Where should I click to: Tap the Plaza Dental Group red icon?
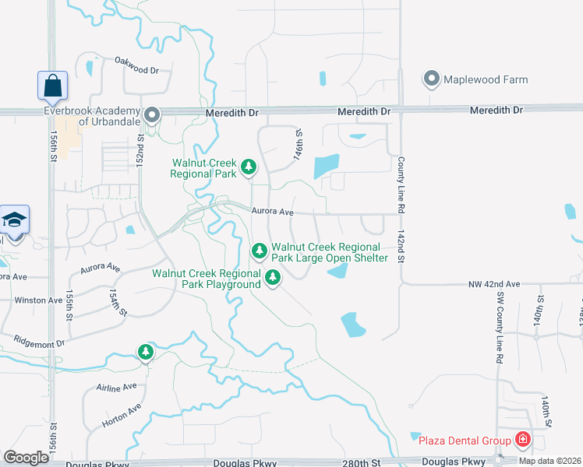click(521, 441)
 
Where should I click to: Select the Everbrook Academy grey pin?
click(153, 117)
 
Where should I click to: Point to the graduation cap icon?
click(14, 220)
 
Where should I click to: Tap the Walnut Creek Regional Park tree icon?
click(249, 167)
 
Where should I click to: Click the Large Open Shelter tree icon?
click(260, 251)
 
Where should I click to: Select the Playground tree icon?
click(272, 276)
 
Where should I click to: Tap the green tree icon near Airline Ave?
click(145, 352)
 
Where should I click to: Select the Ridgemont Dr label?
click(38, 342)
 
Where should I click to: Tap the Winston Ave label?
click(38, 300)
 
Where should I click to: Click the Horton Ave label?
click(122, 417)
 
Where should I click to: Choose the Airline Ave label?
click(117, 386)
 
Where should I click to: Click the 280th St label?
click(361, 463)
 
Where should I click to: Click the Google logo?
click(26, 458)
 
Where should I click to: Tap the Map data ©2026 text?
click(550, 461)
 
